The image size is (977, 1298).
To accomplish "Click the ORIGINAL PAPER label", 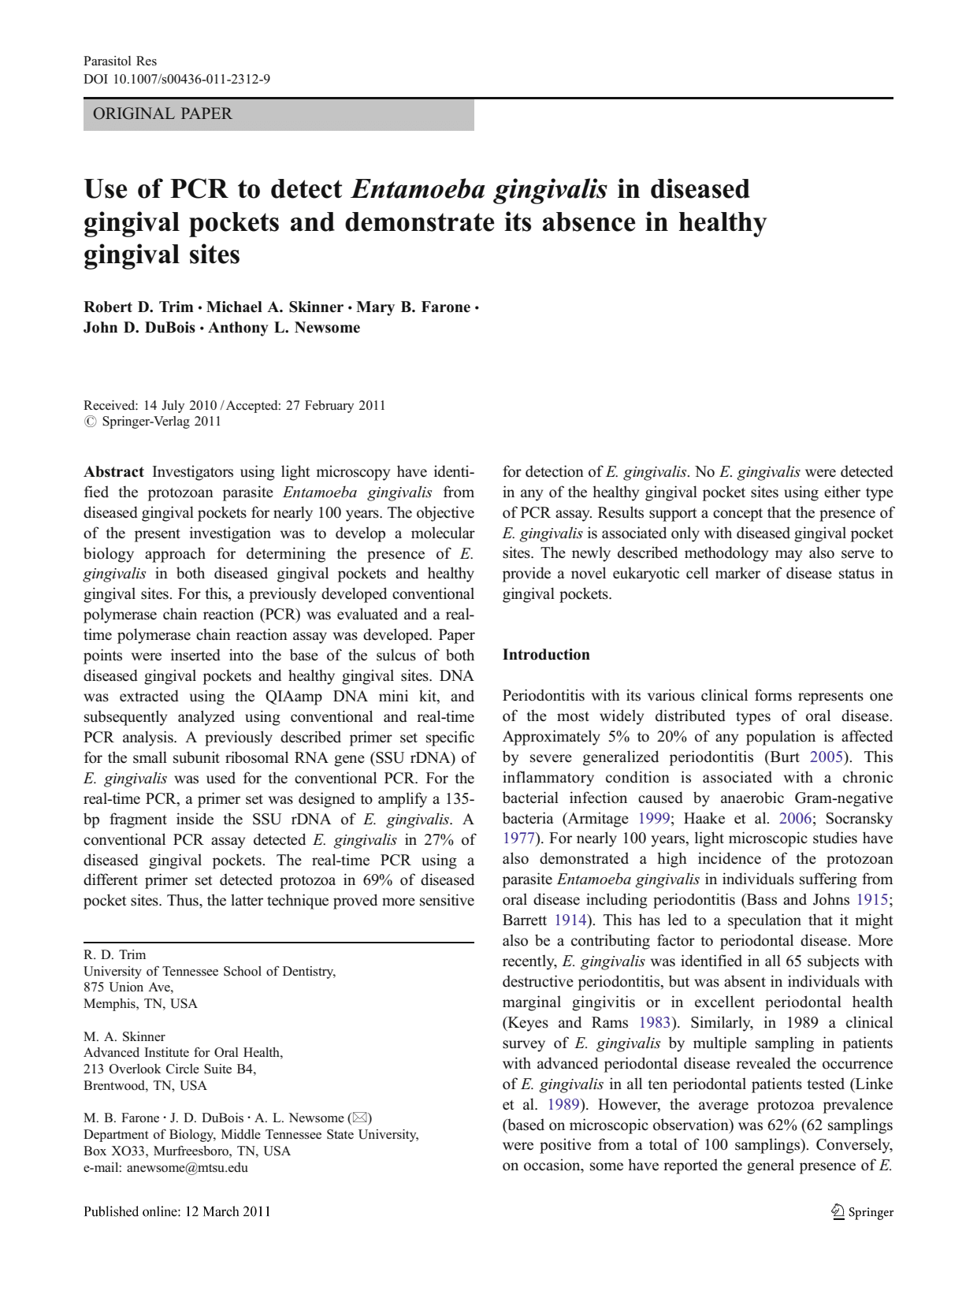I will point(162,113).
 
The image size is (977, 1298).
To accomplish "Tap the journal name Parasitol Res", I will point(120,61).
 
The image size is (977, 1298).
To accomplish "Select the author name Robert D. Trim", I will point(139,307).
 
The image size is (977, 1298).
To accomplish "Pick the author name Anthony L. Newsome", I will point(284,328).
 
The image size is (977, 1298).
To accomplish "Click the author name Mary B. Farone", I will point(414,307).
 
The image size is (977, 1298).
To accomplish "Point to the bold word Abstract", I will point(113,472).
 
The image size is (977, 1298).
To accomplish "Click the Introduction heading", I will point(546,655).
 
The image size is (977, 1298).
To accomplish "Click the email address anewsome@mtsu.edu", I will point(187,1168).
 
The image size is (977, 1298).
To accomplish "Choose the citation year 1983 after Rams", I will point(654,1023).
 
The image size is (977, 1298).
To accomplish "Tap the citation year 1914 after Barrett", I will point(570,921).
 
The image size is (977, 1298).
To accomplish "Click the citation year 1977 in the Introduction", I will point(518,839).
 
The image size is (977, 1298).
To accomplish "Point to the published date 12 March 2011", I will point(228,1211).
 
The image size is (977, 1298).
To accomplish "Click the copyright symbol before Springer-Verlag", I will point(90,422).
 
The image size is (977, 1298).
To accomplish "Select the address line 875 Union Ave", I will point(128,987).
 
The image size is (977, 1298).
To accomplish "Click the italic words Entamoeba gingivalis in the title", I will point(479,190).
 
